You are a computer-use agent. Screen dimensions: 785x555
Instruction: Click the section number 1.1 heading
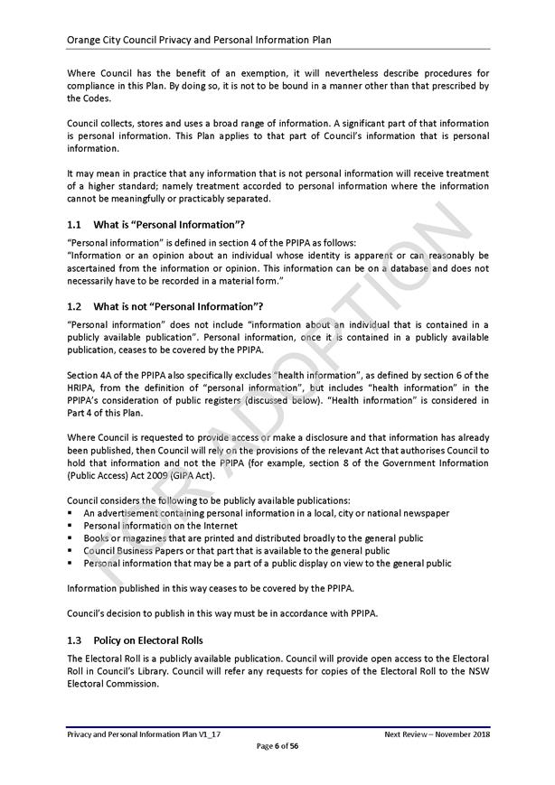click(75, 224)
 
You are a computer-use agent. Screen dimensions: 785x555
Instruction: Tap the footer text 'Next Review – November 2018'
click(437, 734)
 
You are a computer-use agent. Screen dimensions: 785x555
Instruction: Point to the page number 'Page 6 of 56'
click(277, 746)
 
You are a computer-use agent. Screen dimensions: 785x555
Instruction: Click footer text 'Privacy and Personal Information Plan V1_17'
click(144, 734)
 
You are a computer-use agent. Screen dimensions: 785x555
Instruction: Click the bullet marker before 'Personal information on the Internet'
click(71, 525)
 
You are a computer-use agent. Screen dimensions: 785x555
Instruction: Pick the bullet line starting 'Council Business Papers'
click(237, 550)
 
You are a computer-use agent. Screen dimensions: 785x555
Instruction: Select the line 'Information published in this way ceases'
click(210, 588)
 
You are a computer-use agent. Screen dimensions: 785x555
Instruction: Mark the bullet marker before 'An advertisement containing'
click(71, 513)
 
